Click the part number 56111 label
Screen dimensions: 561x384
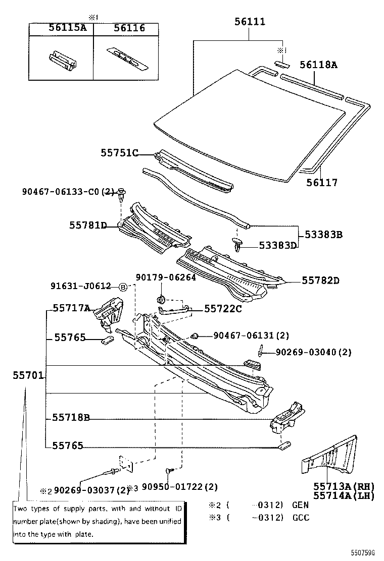coord(250,22)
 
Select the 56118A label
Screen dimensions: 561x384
coord(318,65)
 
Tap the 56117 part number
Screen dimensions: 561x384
coord(321,183)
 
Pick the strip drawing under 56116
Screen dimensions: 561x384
coord(125,57)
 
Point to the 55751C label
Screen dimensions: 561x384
coord(119,152)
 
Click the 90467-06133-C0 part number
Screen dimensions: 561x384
coord(61,192)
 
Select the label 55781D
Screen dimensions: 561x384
coord(88,225)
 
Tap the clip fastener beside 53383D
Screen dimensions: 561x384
coord(239,246)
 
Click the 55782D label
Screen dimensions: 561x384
coord(321,280)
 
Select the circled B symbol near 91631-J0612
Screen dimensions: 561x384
coord(123,287)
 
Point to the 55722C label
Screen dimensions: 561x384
coord(223,308)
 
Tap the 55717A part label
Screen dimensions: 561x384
coord(72,308)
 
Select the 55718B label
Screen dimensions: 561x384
coord(71,417)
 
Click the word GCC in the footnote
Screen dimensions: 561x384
coord(300,518)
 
